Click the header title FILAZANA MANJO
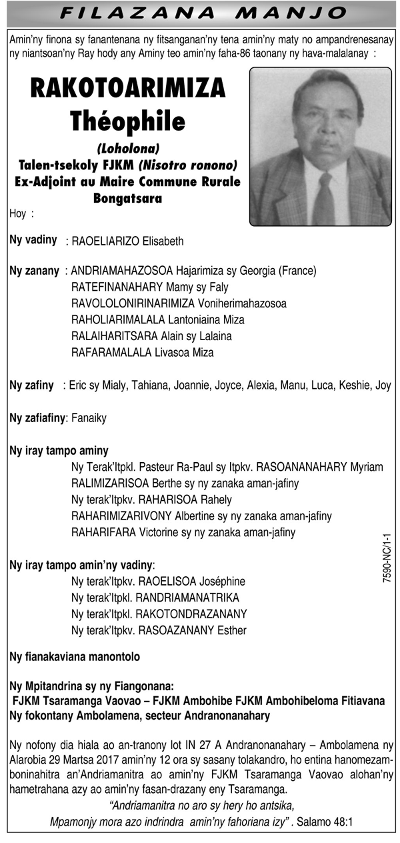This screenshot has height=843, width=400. click(200, 13)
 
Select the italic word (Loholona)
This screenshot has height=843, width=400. click(128, 147)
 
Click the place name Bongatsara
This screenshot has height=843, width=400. click(128, 198)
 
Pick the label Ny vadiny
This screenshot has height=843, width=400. click(33, 239)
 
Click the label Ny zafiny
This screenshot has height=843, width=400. click(32, 385)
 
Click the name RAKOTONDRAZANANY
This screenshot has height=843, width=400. click(191, 614)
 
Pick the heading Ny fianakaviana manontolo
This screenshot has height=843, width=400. click(75, 657)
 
